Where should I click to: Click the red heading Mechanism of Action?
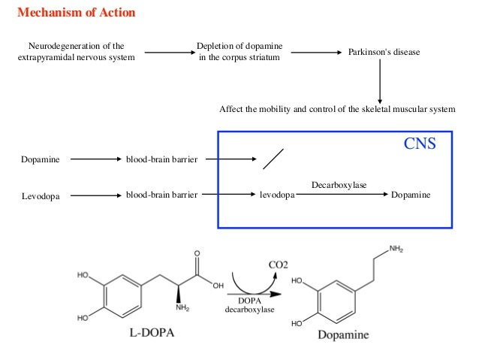[x=77, y=13]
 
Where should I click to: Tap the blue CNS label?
[x=420, y=144]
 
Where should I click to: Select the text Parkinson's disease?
[x=384, y=52]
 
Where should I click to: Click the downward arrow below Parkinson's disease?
[x=380, y=81]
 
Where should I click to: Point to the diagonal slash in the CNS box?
[x=273, y=159]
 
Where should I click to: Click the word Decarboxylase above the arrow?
[x=339, y=185]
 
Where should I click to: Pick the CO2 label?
[x=279, y=265]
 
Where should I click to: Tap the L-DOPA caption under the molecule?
[x=152, y=332]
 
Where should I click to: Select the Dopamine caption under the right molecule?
[x=343, y=334]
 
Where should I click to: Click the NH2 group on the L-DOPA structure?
[x=182, y=307]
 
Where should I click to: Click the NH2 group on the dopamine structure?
[x=396, y=249]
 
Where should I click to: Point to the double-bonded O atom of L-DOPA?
[x=197, y=253]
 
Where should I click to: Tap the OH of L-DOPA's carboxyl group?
[x=218, y=286]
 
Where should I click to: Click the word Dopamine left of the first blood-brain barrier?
[x=41, y=159]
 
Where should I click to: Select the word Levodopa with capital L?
[x=41, y=196]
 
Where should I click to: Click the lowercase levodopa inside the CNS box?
[x=277, y=195]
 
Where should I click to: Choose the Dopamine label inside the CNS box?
[x=411, y=195]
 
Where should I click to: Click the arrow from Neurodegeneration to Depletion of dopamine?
[x=170, y=53]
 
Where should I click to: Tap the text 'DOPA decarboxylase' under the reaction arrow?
[x=249, y=305]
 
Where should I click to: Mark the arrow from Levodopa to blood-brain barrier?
[x=96, y=195]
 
